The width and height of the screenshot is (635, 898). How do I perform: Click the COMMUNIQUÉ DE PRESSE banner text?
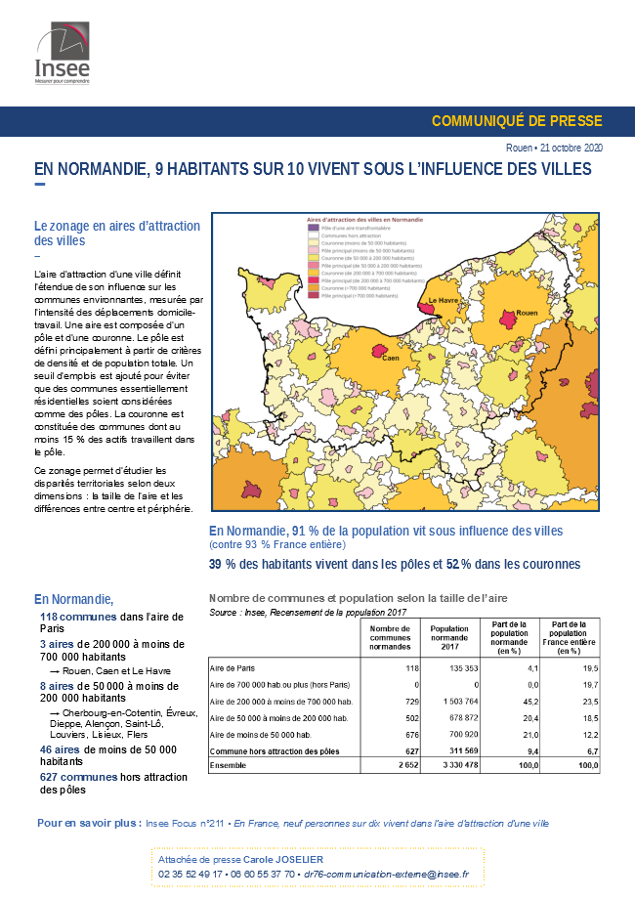tap(517, 121)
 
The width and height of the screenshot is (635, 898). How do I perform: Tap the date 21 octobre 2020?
tap(571, 148)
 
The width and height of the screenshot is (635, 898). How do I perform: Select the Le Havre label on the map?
tap(444, 301)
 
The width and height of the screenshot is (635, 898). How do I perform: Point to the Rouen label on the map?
tap(528, 313)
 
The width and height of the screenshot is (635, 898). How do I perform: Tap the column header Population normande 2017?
tap(449, 636)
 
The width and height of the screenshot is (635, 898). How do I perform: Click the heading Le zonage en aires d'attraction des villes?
tap(117, 233)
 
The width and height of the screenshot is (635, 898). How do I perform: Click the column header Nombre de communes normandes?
tap(391, 636)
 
